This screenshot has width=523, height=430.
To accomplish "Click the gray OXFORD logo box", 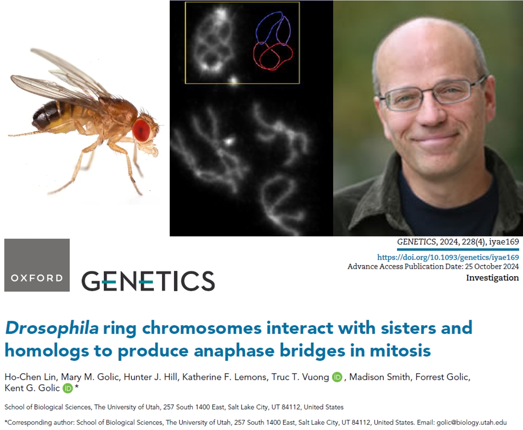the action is point(37,265).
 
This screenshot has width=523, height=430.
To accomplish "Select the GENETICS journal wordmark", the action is point(148,281).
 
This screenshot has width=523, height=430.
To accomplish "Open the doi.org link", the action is point(448,257).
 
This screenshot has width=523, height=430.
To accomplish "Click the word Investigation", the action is point(492,278).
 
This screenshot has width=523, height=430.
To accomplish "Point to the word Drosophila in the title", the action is point(52,328).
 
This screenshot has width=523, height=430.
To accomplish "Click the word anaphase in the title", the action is point(234,351).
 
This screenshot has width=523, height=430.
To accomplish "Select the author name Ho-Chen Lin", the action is point(30,377).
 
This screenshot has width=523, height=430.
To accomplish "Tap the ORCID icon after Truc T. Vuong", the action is point(337,377).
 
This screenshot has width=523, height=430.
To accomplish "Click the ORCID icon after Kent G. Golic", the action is point(67,388).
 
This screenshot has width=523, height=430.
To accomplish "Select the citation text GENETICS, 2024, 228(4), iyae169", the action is point(458,242).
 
